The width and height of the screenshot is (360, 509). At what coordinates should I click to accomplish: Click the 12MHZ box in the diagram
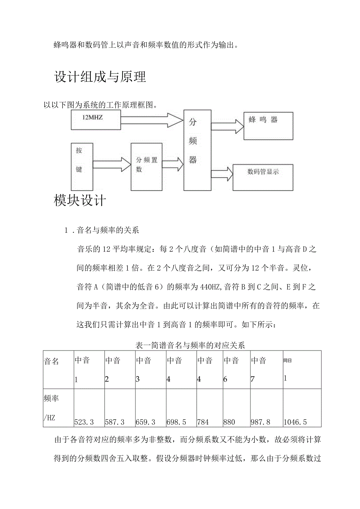(x=96, y=120)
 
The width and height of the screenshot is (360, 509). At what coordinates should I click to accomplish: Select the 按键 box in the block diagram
(x=82, y=166)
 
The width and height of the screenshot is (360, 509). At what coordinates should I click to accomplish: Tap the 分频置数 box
(x=146, y=166)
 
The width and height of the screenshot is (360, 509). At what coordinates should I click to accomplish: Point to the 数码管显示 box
(x=263, y=177)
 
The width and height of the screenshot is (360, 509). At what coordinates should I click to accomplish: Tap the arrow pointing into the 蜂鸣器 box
(x=227, y=126)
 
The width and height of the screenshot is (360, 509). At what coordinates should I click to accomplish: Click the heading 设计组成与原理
(x=100, y=77)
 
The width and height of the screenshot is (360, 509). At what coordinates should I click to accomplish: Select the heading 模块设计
(x=80, y=200)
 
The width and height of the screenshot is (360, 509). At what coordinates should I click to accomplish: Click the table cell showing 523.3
(x=84, y=422)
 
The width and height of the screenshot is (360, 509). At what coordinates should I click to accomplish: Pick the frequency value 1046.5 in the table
(x=295, y=422)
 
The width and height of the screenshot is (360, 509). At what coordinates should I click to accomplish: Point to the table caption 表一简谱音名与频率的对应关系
(x=190, y=345)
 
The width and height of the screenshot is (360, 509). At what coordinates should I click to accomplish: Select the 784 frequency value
(x=203, y=422)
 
